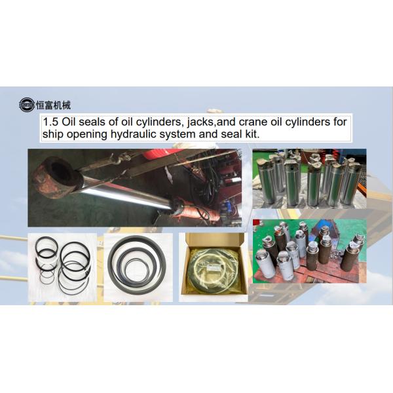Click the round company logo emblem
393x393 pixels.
27,105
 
